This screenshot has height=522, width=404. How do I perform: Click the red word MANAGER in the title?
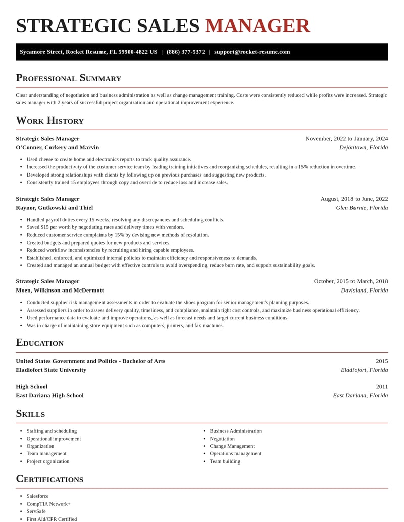pyautogui.click(x=257, y=26)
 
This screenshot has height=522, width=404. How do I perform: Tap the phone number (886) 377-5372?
pyautogui.click(x=185, y=52)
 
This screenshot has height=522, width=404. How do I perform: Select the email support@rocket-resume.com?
pyautogui.click(x=252, y=52)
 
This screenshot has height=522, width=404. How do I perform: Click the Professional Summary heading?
pyautogui.click(x=68, y=78)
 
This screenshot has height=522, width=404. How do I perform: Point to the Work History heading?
pyautogui.click(x=49, y=120)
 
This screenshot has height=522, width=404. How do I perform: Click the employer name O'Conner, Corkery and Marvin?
pyautogui.click(x=57, y=147)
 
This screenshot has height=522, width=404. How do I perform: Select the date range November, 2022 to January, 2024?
pyautogui.click(x=346, y=138)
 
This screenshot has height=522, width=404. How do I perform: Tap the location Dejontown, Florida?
pyautogui.click(x=364, y=147)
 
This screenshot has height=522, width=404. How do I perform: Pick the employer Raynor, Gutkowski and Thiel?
pyautogui.click(x=54, y=207)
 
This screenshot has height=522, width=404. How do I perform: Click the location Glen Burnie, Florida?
pyautogui.click(x=362, y=207)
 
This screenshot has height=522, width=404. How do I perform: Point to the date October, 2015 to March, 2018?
pyautogui.click(x=351, y=281)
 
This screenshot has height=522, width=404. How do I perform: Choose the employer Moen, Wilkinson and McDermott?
pyautogui.click(x=60, y=290)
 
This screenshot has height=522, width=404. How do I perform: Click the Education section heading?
pyautogui.click(x=39, y=342)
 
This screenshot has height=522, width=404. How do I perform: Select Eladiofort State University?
pyautogui.click(x=51, y=370)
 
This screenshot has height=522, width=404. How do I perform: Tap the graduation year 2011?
pyautogui.click(x=382, y=386)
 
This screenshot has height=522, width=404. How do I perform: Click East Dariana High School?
pyautogui.click(x=49, y=395)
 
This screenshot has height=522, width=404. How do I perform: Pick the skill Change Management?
pyautogui.click(x=232, y=446)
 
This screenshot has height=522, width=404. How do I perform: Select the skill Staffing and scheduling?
pyautogui.click(x=52, y=431)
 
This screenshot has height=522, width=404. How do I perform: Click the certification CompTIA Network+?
pyautogui.click(x=48, y=504)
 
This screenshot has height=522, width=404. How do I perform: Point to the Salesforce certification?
pyautogui.click(x=38, y=496)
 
